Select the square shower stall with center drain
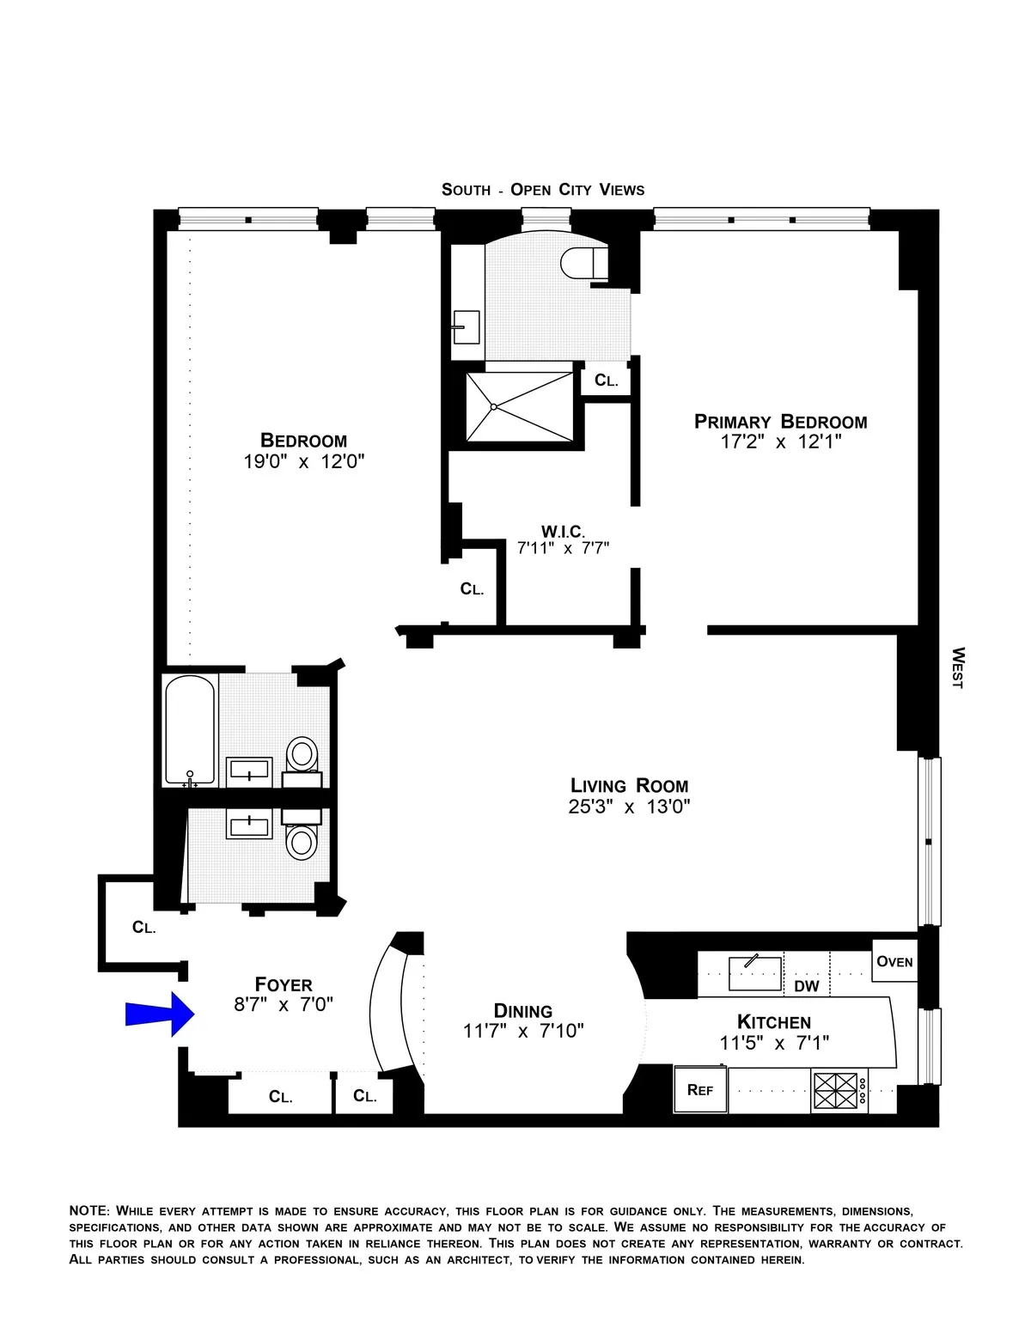pos(520,406)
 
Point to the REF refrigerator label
pos(700,1090)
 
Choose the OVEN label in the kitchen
pos(894,961)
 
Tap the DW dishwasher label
pos(806,986)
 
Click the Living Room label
pos(629,785)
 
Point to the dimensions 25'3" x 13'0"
pos(629,807)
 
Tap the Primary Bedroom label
pos(780,422)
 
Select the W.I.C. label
pos(563,532)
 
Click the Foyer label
pos(284,984)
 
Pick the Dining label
pos(522,1011)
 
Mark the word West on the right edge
pos(958,667)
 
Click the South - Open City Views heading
pos(542,190)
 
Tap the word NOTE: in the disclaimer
pos(89,1210)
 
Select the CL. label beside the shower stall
pos(606,381)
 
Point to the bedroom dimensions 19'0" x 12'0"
pos(303,462)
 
